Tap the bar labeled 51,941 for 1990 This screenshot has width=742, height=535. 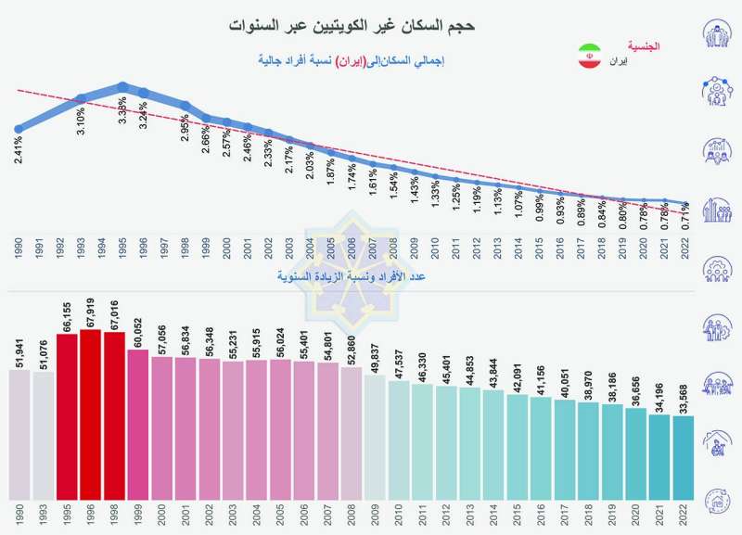[19, 436]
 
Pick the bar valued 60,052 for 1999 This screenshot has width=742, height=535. [138, 427]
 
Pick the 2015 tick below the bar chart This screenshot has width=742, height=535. [518, 515]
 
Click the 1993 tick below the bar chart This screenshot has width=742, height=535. [43, 515]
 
